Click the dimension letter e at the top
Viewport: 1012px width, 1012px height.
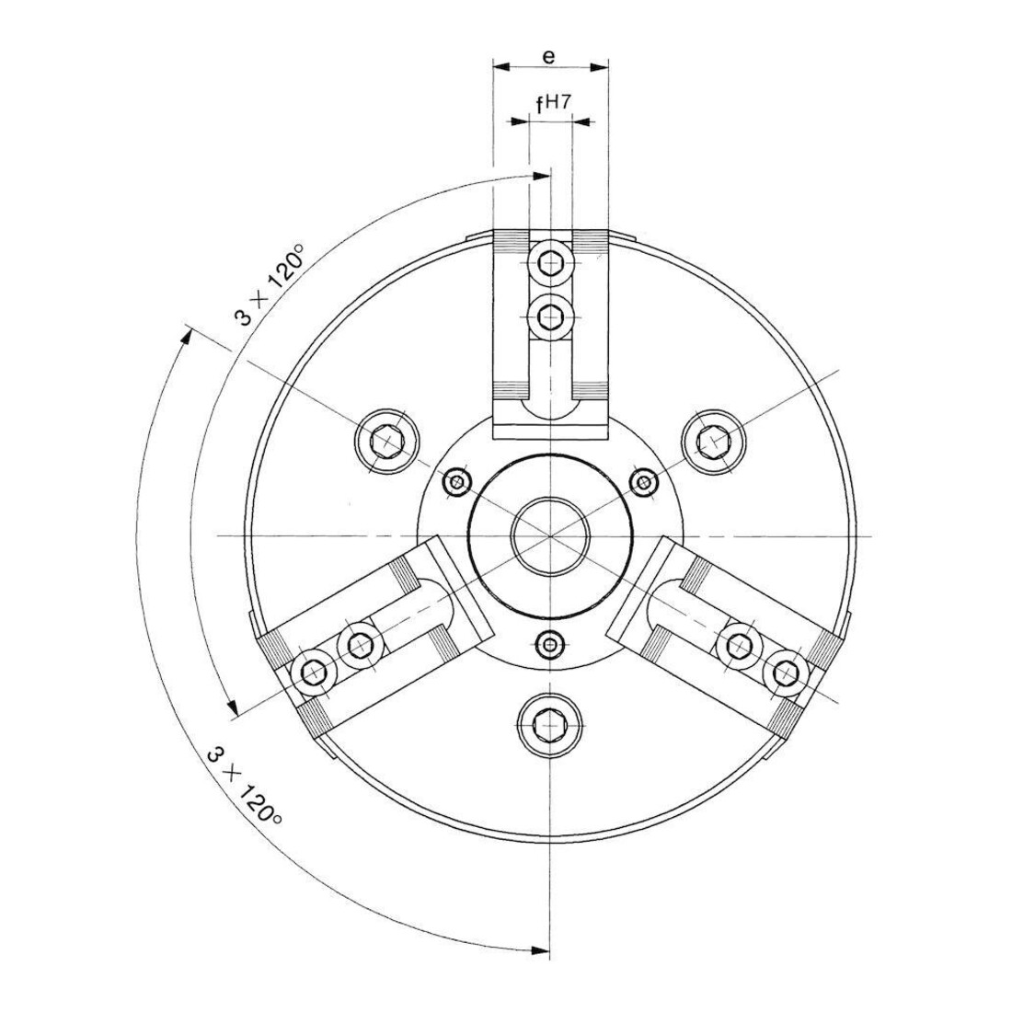(x=548, y=57)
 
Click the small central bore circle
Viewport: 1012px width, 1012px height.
(x=550, y=535)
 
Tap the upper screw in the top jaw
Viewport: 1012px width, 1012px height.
(x=550, y=263)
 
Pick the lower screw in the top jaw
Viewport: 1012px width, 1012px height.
(x=550, y=316)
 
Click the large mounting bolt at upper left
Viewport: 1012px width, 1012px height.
(x=387, y=442)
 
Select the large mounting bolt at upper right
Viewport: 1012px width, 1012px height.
(x=713, y=442)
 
